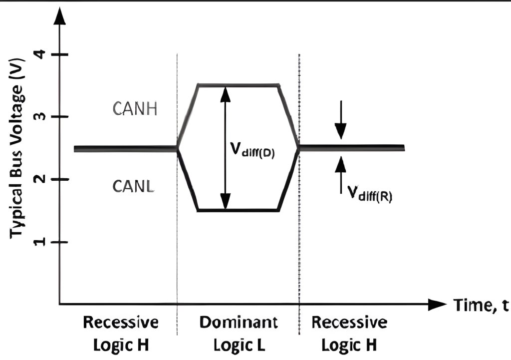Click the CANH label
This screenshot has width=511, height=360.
coord(135,108)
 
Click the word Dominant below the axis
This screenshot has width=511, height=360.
coord(239,322)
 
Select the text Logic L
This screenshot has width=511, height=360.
coord(239,345)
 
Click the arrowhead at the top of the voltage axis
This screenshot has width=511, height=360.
coord(60,17)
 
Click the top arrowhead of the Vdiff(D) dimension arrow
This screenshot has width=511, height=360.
coord(226,93)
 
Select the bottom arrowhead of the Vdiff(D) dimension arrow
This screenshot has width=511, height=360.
coord(226,202)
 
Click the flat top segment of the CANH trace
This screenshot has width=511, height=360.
coord(238,85)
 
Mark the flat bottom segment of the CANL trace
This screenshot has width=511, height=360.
coord(238,211)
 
